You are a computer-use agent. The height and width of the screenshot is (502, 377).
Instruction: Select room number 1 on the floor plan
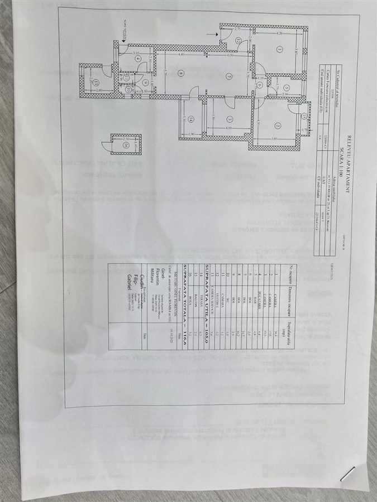pos(278,48)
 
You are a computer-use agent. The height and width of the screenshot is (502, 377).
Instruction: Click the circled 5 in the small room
pos(283,87)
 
